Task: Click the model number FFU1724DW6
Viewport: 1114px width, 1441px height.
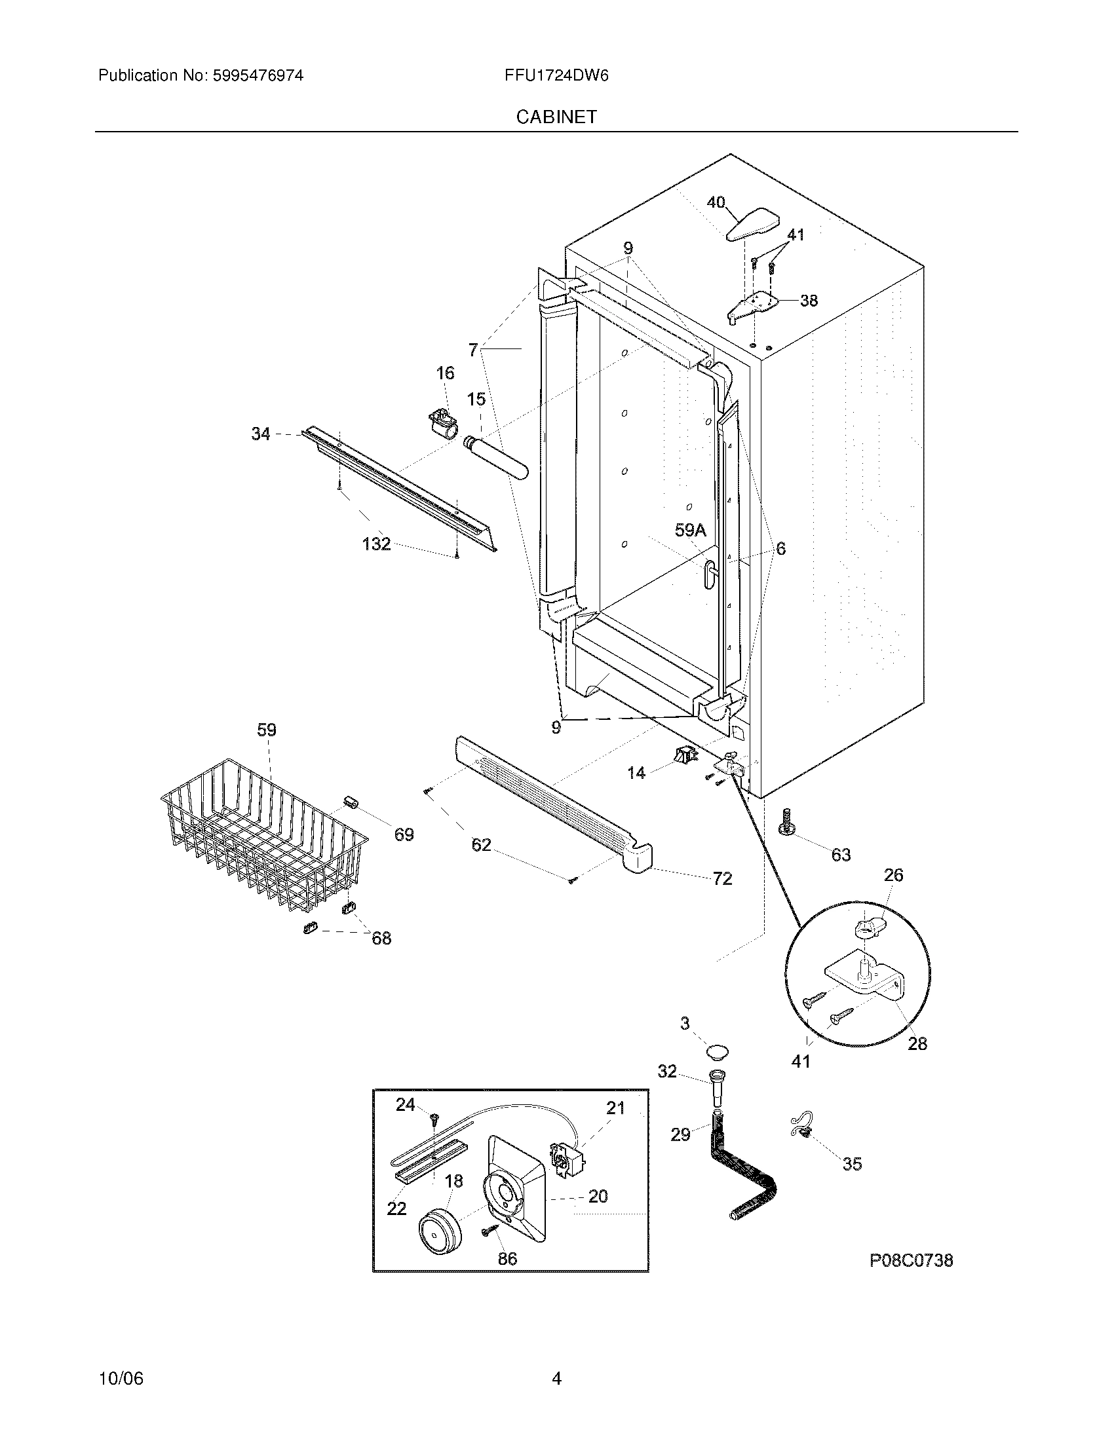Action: [556, 76]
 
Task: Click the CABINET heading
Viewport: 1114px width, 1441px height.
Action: [556, 117]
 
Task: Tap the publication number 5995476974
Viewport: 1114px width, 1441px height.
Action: [258, 76]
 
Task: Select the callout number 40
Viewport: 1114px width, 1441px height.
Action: [716, 202]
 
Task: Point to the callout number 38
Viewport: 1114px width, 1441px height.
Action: [809, 301]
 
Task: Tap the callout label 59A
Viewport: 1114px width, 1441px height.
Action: [690, 530]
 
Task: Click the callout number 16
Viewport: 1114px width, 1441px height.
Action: [445, 373]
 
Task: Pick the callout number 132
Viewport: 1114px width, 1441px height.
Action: [376, 544]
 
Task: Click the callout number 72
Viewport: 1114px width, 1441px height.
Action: [722, 878]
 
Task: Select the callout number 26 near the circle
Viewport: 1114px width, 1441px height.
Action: [893, 875]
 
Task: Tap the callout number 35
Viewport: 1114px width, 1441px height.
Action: [852, 1164]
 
